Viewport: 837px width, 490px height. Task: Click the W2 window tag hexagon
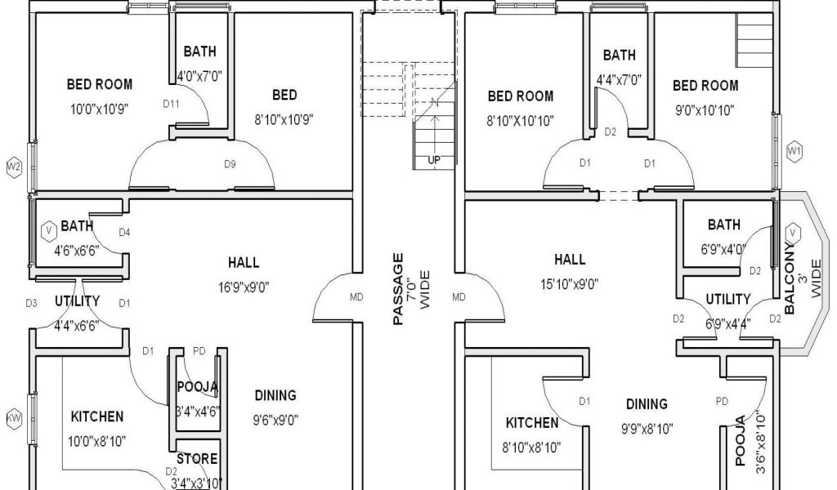(x=15, y=167)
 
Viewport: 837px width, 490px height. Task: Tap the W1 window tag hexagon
(x=794, y=151)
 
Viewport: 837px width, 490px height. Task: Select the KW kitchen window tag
(x=15, y=419)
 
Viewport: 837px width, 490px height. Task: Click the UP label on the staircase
(x=434, y=160)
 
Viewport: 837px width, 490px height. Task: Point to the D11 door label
(x=172, y=104)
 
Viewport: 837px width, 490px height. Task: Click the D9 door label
(x=230, y=164)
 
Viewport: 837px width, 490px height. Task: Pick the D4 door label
(x=124, y=233)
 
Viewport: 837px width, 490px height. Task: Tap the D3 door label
(x=32, y=303)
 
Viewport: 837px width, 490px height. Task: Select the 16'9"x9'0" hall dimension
(x=244, y=288)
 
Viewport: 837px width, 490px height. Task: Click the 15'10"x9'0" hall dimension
(x=570, y=284)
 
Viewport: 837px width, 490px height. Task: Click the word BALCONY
(x=790, y=278)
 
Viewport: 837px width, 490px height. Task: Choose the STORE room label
(x=197, y=459)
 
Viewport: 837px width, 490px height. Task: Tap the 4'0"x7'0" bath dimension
(x=199, y=76)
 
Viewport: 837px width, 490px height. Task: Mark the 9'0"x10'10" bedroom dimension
(x=705, y=110)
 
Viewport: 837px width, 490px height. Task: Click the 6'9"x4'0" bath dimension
(x=723, y=250)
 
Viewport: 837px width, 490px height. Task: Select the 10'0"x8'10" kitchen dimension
(x=96, y=442)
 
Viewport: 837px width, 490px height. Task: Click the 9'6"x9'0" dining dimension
(x=275, y=420)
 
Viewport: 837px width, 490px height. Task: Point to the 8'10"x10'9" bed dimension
(x=284, y=119)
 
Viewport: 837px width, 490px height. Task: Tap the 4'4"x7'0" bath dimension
(x=619, y=80)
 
